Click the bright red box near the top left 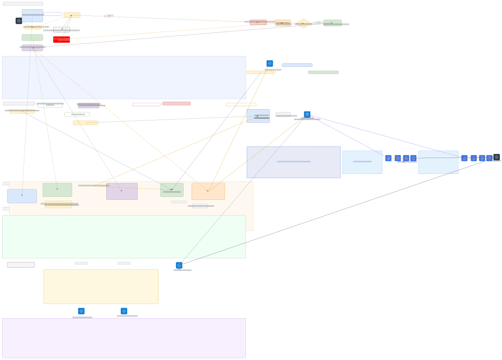coord(61,39)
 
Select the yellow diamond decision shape coord(303,23)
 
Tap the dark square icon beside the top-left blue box coord(19,21)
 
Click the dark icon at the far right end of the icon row coord(497,157)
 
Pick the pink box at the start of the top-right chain coord(258,22)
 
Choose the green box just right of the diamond coord(333,23)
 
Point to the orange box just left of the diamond coord(283,23)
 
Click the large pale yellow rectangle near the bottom coord(101,286)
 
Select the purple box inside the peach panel coord(122,191)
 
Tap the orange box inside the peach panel coord(208,191)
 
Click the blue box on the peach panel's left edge coord(22,196)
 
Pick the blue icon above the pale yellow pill coord(270,64)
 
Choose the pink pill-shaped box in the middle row coord(177,104)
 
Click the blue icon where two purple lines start coord(307,115)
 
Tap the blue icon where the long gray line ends coord(179,265)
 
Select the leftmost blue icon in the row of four coord(388,158)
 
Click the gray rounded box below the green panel coord(21,265)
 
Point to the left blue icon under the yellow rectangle coord(81,311)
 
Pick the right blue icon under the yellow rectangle coord(124,311)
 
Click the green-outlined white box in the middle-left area coord(77,114)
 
